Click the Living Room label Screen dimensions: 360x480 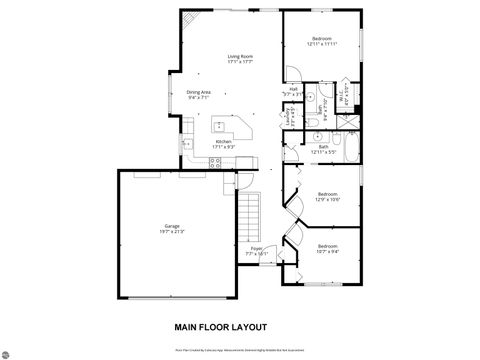pyautogui.click(x=239, y=58)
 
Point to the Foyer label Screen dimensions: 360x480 pyautogui.click(x=257, y=251)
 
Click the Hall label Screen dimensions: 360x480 pyautogui.click(x=294, y=90)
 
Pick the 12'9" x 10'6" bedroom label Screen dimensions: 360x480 pyautogui.click(x=327, y=197)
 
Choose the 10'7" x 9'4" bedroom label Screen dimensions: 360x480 pyautogui.click(x=327, y=248)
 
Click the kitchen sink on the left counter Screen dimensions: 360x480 pyautogui.click(x=186, y=144)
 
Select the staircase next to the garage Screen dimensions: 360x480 pyautogui.click(x=248, y=215)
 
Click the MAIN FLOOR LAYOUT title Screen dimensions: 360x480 pyautogui.click(x=221, y=327)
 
